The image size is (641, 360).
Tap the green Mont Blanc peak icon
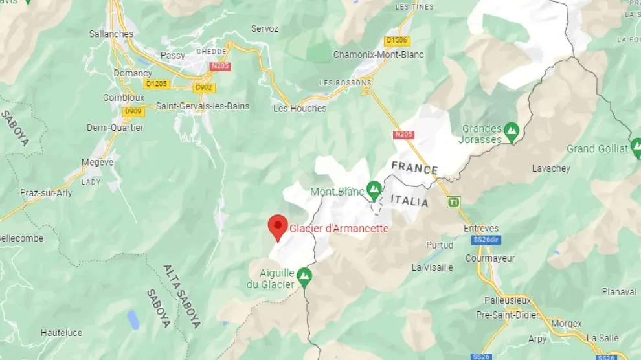374,190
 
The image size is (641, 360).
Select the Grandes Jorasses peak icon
512,131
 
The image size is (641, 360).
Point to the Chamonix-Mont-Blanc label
378,54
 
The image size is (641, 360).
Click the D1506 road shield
397,41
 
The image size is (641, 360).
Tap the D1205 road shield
157,84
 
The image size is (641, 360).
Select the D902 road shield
204,87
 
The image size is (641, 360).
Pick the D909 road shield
133,111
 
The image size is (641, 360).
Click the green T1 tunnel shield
454,202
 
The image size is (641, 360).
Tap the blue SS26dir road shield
488,240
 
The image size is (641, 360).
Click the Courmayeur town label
490,258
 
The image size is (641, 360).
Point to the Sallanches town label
111,34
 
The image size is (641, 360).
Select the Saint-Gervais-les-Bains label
203,106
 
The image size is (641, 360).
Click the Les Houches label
300,108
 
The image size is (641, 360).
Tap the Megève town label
98,163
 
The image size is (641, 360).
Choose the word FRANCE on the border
414,168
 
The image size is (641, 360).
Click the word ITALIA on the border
410,202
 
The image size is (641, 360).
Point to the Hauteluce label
62,333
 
